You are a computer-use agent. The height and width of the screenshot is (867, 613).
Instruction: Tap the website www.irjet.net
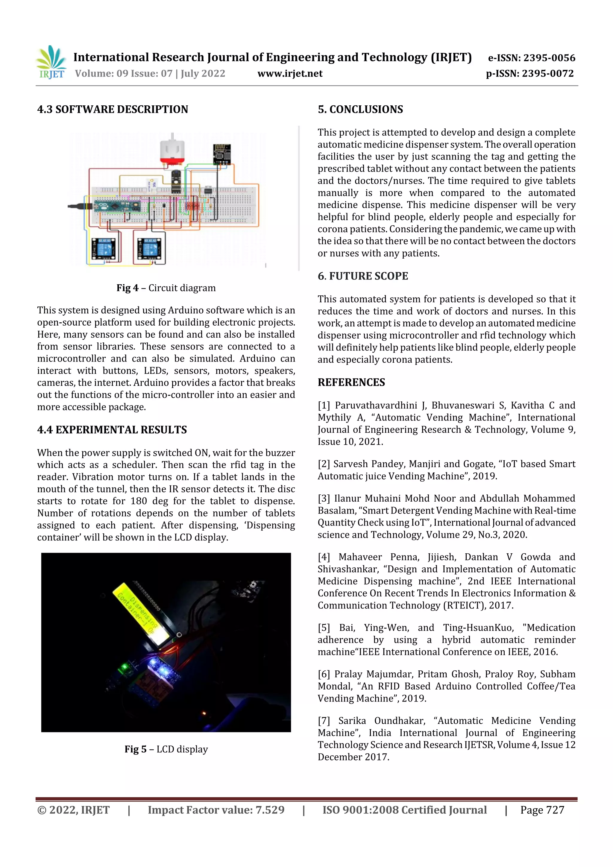290,74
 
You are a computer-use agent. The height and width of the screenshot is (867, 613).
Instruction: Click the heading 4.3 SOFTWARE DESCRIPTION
113,110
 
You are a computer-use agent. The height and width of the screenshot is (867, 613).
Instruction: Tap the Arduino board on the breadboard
117,206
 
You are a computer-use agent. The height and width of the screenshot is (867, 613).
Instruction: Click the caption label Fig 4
127,288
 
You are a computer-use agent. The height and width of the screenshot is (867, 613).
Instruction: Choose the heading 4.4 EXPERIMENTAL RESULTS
112,430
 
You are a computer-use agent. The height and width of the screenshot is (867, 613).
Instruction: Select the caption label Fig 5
135,749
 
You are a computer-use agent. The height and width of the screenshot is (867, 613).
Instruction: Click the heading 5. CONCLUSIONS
360,110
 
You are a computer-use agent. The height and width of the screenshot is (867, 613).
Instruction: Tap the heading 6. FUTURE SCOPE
362,276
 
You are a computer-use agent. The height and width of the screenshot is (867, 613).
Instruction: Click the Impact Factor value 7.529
270,810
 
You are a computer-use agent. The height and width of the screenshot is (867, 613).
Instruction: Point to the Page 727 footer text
542,810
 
